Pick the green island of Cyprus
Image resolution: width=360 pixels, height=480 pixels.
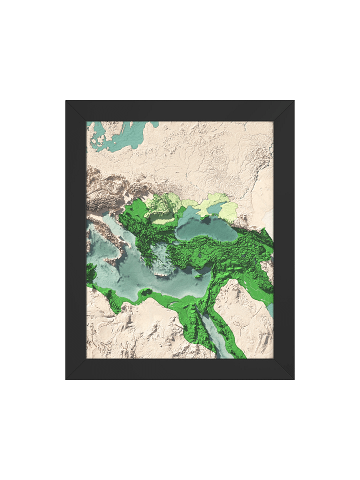[198, 275]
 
